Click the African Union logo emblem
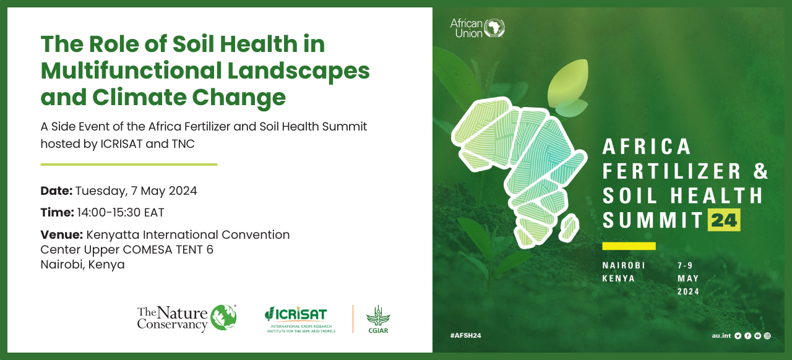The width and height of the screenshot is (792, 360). pyautogui.click(x=494, y=28)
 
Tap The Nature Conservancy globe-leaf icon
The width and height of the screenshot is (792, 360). pyautogui.click(x=223, y=317)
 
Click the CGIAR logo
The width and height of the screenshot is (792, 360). pyautogui.click(x=378, y=319)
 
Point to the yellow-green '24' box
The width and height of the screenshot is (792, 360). pyautogui.click(x=723, y=220)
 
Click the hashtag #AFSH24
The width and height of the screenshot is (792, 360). pyautogui.click(x=465, y=335)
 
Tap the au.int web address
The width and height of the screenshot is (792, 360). pyautogui.click(x=721, y=335)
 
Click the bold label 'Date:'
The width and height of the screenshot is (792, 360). pyautogui.click(x=56, y=191)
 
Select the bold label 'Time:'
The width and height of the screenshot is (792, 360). pyautogui.click(x=57, y=213)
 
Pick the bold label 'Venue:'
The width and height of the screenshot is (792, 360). pyautogui.click(x=62, y=235)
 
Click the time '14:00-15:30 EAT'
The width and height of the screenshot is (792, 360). pyautogui.click(x=121, y=213)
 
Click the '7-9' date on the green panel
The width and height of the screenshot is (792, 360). pyautogui.click(x=685, y=265)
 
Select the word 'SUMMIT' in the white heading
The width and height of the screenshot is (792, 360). pyautogui.click(x=652, y=220)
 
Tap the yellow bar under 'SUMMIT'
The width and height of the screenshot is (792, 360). pyautogui.click(x=629, y=246)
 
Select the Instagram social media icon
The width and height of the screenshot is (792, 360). pyautogui.click(x=767, y=335)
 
